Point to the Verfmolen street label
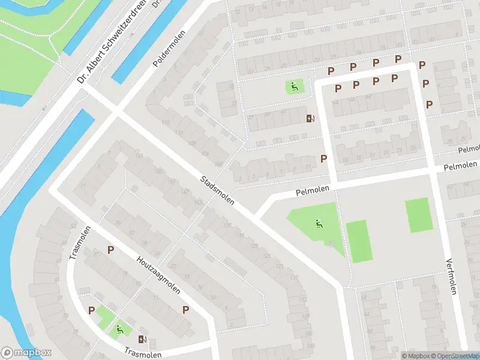pyautogui.click(x=452, y=276)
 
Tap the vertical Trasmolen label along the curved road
pyautogui.click(x=80, y=242)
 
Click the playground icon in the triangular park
pyautogui.click(x=318, y=225)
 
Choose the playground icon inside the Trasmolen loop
pyautogui.click(x=120, y=329)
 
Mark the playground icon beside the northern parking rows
pyautogui.click(x=293, y=87)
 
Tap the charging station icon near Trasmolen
pyautogui.click(x=142, y=340)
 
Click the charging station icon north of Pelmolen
pyautogui.click(x=310, y=118)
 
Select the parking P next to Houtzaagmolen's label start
pyautogui.click(x=110, y=250)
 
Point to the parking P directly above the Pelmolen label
pyautogui.click(x=324, y=159)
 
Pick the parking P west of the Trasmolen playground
pyautogui.click(x=92, y=310)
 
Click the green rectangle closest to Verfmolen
pyautogui.click(x=419, y=215)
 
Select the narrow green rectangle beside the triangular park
pyautogui.click(x=358, y=241)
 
